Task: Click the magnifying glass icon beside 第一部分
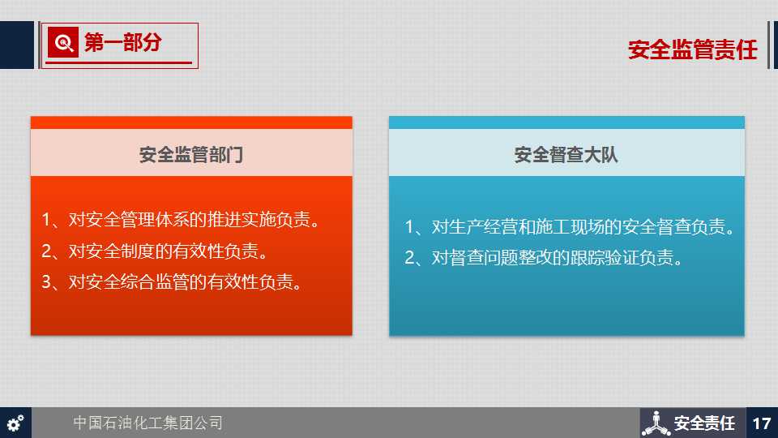[63, 43]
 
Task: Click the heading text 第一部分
[122, 43]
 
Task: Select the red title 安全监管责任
[693, 49]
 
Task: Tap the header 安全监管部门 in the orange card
[191, 155]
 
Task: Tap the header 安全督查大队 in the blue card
[566, 155]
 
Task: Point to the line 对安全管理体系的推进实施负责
[194, 219]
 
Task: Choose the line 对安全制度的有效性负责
[169, 251]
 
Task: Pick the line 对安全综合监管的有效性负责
[186, 282]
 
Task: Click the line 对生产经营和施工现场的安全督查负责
[583, 226]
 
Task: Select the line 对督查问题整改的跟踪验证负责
[558, 258]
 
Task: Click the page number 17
[762, 423]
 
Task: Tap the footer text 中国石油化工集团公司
[147, 423]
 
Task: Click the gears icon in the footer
[15, 423]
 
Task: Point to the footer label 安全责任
[704, 423]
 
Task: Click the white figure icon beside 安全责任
[656, 423]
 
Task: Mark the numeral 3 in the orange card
[47, 282]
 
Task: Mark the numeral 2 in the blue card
[410, 258]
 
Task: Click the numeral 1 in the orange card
[47, 219]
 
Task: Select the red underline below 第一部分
[118, 62]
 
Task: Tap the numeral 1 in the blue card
[410, 226]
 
